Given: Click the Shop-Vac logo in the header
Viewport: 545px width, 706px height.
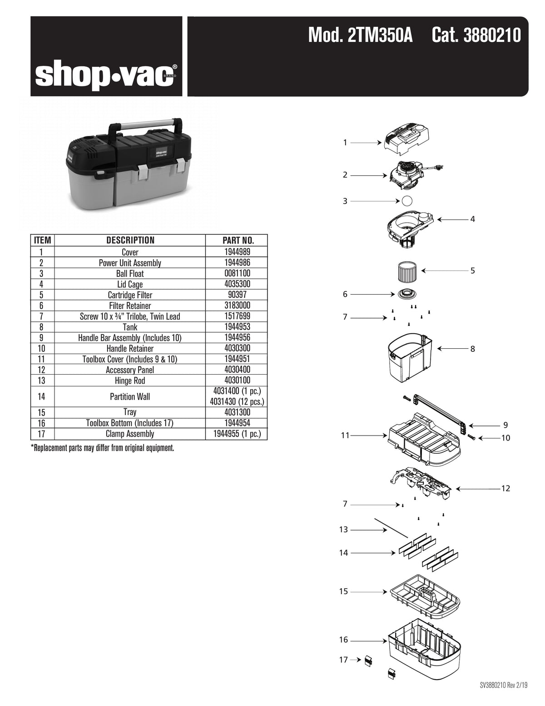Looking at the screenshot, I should pyautogui.click(x=106, y=76).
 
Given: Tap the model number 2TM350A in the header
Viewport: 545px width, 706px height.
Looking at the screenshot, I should pyautogui.click(x=360, y=35).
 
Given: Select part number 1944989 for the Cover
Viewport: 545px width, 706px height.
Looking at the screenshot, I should pyautogui.click(x=237, y=252).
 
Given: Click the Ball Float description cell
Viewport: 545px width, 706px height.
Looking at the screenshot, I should pyautogui.click(x=130, y=273).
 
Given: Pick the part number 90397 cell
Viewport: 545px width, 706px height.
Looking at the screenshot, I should pyautogui.click(x=237, y=295).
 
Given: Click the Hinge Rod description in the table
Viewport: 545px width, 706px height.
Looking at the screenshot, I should pyautogui.click(x=130, y=381).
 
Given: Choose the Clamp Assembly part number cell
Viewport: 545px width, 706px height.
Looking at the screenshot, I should pyautogui.click(x=237, y=434).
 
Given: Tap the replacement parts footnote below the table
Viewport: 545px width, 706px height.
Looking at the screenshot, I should pyautogui.click(x=103, y=448).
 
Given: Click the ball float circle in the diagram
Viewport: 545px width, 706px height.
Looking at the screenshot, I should pyautogui.click(x=407, y=200).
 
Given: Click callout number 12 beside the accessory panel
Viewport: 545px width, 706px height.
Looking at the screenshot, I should pyautogui.click(x=505, y=489).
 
